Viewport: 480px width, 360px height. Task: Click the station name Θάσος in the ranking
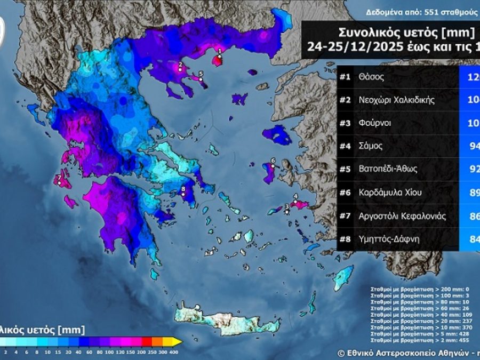pos(371,77)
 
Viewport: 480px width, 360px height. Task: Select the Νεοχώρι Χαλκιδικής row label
pos(397,100)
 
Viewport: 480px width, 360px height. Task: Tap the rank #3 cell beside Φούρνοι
pos(345,123)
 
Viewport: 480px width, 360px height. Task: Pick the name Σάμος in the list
pos(371,146)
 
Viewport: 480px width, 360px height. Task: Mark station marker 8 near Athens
pos(183,194)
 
